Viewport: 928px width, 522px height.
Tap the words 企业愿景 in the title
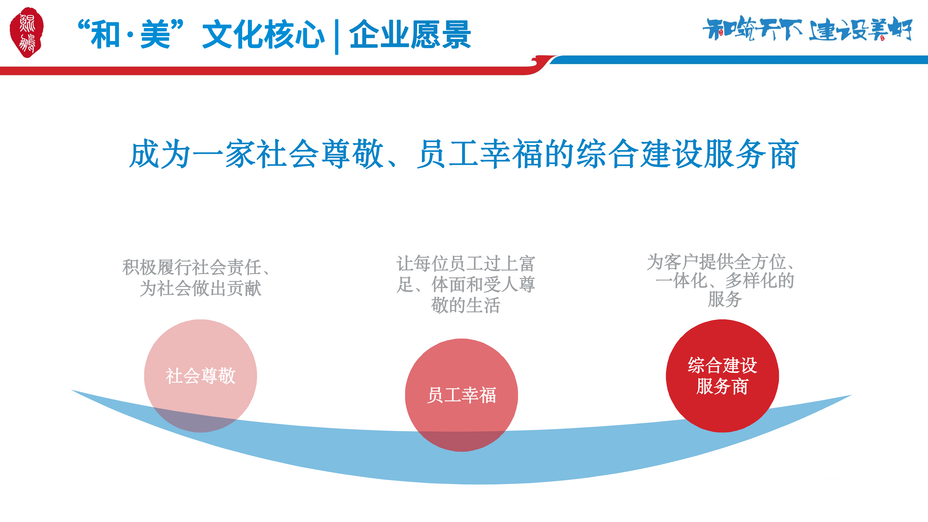point(410,35)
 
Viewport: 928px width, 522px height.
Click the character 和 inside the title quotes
point(105,35)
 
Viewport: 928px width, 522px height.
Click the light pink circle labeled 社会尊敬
point(201,376)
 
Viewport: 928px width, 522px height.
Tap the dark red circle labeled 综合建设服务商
point(722,376)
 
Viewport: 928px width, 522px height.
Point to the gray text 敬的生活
point(465,306)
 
